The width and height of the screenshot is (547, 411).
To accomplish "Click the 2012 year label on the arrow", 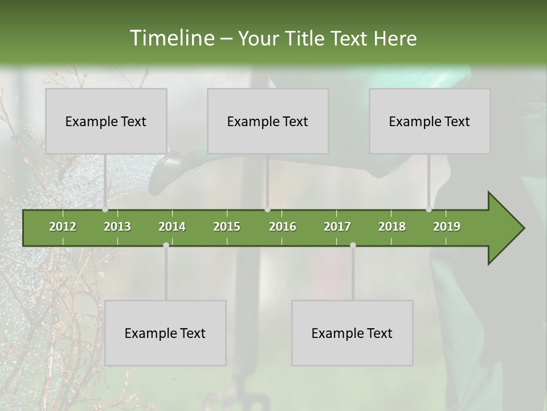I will (63, 227).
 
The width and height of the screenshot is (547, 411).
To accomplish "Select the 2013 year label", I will (117, 227).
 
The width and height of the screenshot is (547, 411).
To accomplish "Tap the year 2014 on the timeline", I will (172, 227).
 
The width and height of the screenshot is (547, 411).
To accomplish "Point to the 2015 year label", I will (227, 227).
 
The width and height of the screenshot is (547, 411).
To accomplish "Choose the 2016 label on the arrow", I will (283, 227).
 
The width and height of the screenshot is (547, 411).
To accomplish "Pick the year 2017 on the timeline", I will (337, 227).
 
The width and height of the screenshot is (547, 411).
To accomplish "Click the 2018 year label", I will (392, 227).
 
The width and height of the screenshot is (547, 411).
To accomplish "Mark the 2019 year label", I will (447, 227).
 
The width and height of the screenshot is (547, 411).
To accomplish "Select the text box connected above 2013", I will (106, 121).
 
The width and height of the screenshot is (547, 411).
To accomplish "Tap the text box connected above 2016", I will (268, 121).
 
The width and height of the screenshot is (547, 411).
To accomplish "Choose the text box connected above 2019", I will (430, 121).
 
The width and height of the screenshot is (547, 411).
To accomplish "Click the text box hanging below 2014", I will (165, 333).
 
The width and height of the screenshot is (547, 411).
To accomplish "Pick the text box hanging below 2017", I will (352, 333).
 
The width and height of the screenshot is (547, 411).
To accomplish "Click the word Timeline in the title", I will (171, 38).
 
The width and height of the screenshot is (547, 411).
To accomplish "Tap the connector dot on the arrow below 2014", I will (166, 245).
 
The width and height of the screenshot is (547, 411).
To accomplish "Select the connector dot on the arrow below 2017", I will (353, 245).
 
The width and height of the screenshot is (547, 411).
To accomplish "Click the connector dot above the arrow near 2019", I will (428, 209).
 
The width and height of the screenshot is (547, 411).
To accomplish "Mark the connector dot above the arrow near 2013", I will (105, 209).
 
